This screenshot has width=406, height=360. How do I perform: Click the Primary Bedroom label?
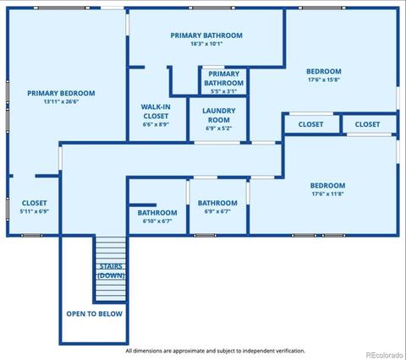[61, 93]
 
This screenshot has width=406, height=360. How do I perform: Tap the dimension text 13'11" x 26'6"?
[61, 101]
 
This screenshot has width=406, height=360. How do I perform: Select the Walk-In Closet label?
[156, 112]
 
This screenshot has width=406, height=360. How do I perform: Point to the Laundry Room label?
[219, 115]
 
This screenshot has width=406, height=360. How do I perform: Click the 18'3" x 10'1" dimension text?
[206, 44]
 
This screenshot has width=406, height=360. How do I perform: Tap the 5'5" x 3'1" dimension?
[223, 91]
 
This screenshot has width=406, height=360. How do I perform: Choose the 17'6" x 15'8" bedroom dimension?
[324, 79]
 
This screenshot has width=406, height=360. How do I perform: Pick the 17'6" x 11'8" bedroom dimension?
[327, 194]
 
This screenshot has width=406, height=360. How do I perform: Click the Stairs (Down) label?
[111, 270]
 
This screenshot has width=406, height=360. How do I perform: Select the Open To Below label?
[95, 314]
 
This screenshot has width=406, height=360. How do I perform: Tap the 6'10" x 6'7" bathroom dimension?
[157, 221]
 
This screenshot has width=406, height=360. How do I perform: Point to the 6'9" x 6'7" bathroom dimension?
[217, 211]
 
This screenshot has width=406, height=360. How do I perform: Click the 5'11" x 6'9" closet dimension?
[35, 211]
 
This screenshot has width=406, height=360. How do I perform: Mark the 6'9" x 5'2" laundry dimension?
[219, 128]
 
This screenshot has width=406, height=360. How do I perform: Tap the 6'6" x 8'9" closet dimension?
[156, 124]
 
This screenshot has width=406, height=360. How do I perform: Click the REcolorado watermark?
[385, 355]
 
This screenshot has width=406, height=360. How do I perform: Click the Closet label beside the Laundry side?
[310, 124]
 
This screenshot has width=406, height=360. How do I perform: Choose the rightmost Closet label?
[367, 124]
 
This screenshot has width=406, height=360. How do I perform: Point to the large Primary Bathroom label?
[206, 35]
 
